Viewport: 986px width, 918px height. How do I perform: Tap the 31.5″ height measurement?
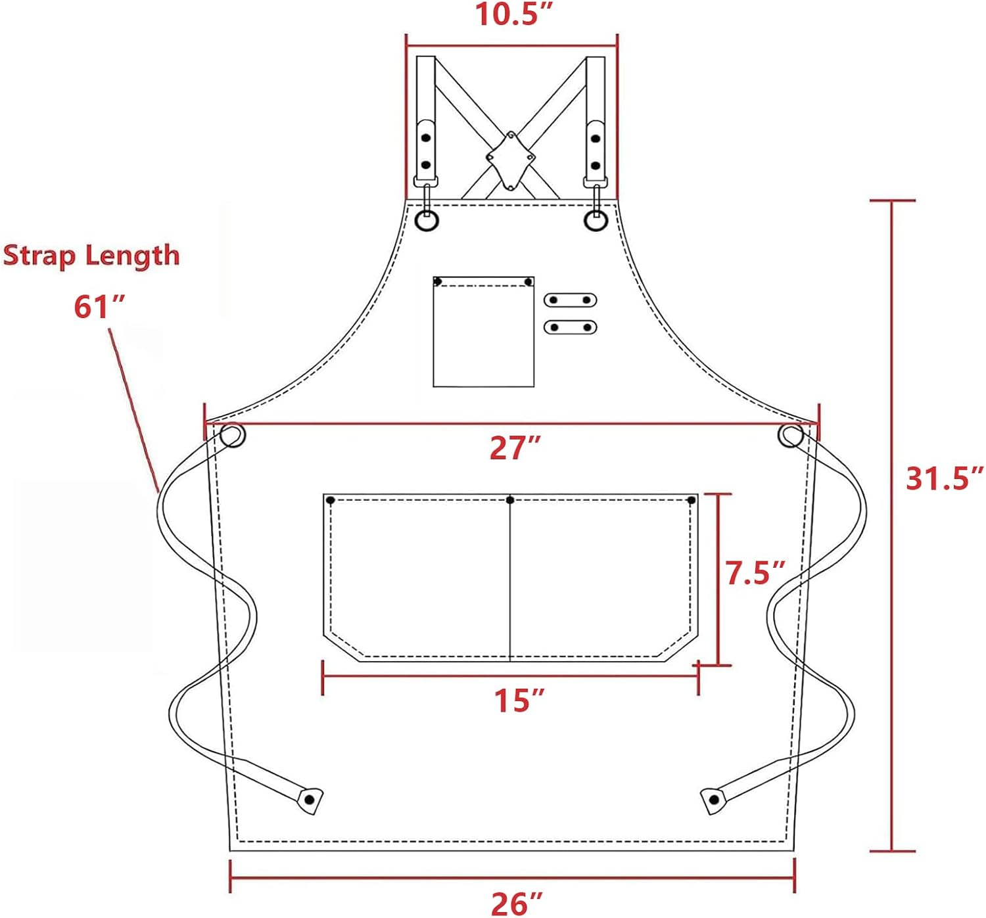945,478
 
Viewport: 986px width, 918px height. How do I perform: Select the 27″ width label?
515,448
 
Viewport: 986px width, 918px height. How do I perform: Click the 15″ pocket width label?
519,700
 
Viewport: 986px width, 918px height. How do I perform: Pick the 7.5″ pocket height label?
755,573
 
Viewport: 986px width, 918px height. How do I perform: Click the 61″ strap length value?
99,307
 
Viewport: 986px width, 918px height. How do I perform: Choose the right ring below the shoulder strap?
596,221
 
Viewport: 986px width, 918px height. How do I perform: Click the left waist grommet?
232,436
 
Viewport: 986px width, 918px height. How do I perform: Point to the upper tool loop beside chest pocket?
570,300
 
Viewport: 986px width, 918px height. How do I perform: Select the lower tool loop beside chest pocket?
570,327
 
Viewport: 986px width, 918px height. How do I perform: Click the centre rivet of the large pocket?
510,501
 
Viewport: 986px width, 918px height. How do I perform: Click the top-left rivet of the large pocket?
331,501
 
